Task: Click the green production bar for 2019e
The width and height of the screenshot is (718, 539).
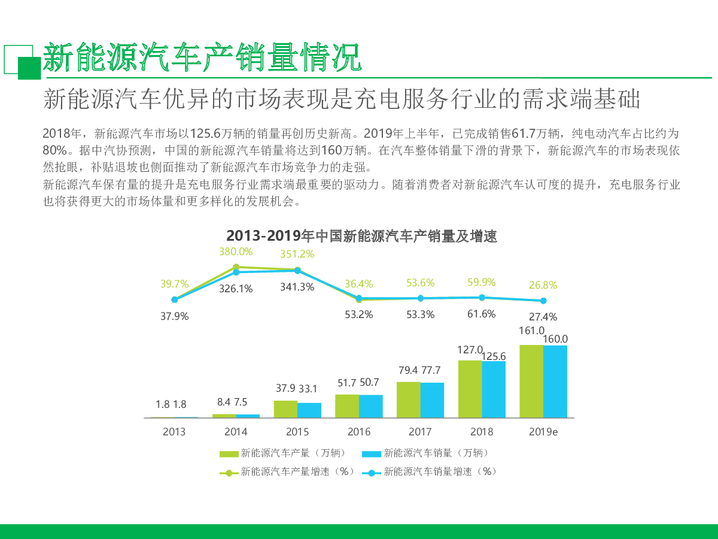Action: click(531, 381)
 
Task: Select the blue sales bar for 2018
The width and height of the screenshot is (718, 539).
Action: click(494, 389)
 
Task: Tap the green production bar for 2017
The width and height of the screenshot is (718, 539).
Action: click(408, 399)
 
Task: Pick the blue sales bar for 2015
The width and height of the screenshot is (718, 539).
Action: click(309, 410)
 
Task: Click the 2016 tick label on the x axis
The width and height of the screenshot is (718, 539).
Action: click(359, 432)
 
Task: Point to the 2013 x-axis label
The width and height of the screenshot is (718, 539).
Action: click(174, 432)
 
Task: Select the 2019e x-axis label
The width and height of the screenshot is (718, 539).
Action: click(543, 432)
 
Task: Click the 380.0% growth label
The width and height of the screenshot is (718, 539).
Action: click(236, 252)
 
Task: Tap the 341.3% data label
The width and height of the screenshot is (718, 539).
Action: click(297, 287)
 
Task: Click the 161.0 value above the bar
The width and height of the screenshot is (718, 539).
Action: click(532, 331)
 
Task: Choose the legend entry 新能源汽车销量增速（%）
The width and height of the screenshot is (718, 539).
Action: click(430, 472)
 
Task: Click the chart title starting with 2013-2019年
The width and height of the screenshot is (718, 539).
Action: click(361, 236)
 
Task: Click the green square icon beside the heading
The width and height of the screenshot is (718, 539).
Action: click(29, 68)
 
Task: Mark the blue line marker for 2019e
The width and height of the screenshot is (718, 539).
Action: click(543, 301)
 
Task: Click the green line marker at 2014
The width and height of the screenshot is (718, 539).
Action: click(236, 267)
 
